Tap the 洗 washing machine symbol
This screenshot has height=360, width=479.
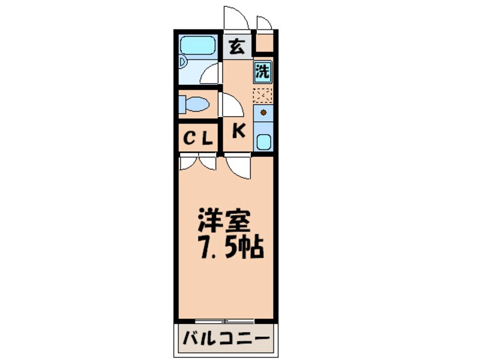(262, 71)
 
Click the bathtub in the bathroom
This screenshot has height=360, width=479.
(198, 45)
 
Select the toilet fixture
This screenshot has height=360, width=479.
(194, 104)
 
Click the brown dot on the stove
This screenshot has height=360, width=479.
(263, 113)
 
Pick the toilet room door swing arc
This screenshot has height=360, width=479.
(232, 105)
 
